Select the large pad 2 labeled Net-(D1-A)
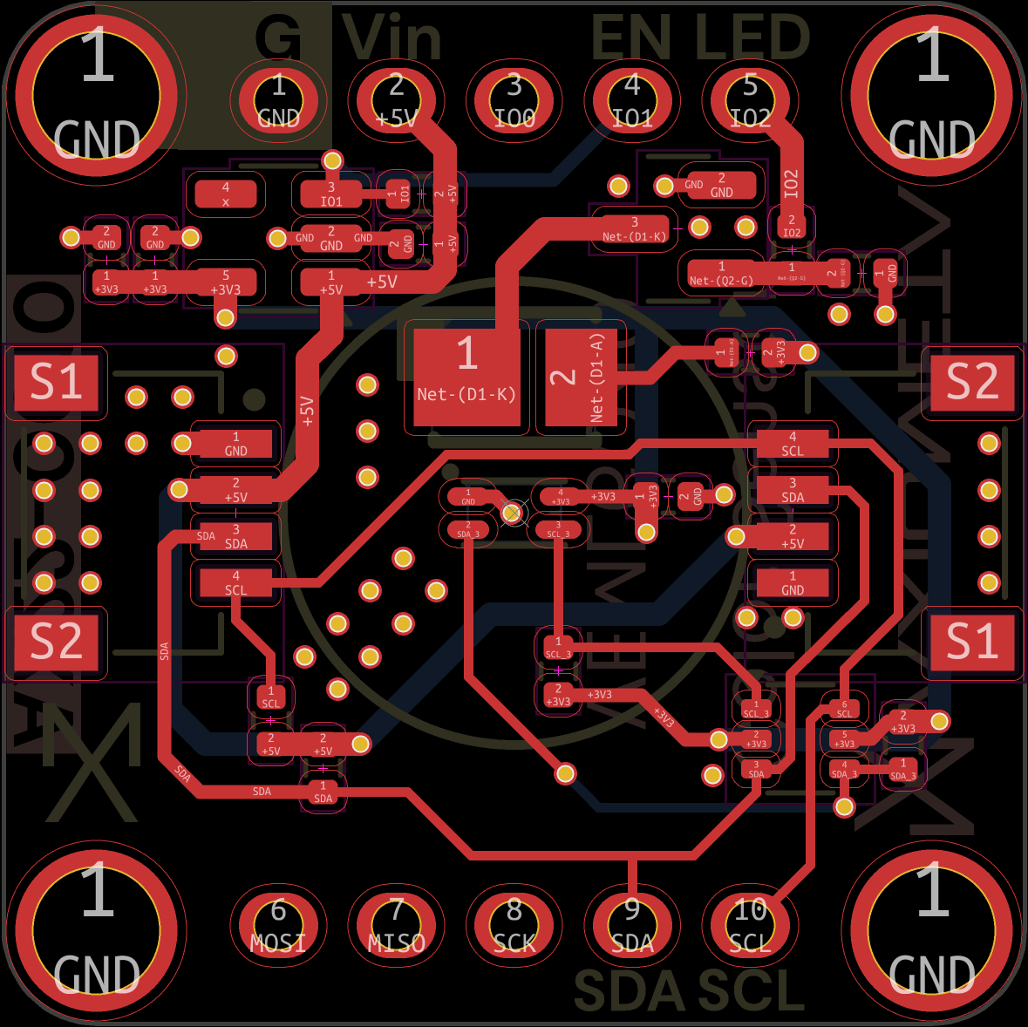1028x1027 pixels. pos(581,377)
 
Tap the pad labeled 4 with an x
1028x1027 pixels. pos(225,194)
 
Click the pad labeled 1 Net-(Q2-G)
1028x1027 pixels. pos(721,274)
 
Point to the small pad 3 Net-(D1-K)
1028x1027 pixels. pos(634,229)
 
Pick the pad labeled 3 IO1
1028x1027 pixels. pos(331,194)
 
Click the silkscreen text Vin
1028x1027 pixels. pos(392,38)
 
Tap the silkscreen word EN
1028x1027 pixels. pos(632,38)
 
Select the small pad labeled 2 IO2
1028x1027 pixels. pos(792,226)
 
